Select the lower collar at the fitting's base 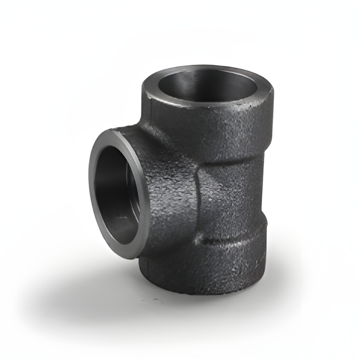pos(216,266)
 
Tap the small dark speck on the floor pos(156,300)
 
